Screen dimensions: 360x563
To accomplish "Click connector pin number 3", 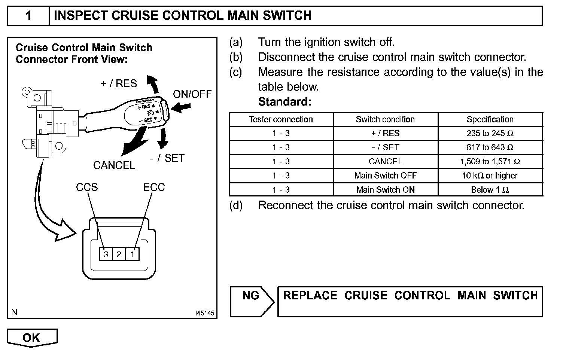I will (x=106, y=254).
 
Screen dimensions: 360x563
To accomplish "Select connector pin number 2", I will (x=119, y=254).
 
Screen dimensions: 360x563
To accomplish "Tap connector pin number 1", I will (x=132, y=254).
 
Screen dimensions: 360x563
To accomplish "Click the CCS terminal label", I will (x=87, y=187).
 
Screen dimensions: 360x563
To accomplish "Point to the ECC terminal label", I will (x=154, y=187).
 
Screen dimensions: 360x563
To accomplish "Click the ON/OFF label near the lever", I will (x=192, y=94).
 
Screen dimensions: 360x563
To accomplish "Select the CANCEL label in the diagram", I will (x=114, y=165).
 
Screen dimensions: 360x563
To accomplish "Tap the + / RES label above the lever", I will (x=119, y=83).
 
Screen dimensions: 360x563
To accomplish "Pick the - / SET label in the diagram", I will (x=167, y=158).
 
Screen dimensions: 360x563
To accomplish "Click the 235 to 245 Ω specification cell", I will (x=490, y=133).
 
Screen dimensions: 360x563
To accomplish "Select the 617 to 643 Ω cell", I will (x=490, y=147).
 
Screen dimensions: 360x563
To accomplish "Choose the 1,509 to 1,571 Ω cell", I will (x=490, y=162).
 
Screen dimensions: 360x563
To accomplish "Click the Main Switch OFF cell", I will (x=386, y=176).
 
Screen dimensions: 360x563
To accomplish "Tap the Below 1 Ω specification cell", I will (x=490, y=190).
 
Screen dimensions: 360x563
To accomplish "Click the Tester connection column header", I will (x=281, y=119).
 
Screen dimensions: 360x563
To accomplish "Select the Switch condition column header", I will (x=386, y=119).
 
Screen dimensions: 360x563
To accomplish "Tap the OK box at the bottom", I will (x=31, y=338).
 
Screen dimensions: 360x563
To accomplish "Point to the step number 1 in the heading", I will (x=28, y=16).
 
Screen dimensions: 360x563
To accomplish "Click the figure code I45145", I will (x=204, y=313).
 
